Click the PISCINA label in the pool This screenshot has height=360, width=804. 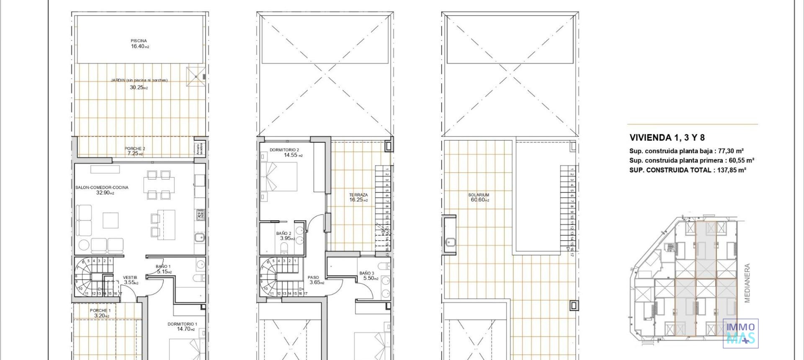[x=139, y=41]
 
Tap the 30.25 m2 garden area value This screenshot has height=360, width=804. [x=139, y=88]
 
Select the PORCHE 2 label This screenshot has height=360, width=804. [x=135, y=149]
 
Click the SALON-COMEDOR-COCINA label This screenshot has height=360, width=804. [x=102, y=188]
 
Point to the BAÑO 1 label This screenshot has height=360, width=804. [x=163, y=267]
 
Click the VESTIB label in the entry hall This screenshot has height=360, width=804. [x=130, y=278]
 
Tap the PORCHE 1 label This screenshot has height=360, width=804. [x=100, y=311]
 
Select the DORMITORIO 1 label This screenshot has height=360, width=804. [x=182, y=324]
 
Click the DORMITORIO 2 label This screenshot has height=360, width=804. [x=284, y=150]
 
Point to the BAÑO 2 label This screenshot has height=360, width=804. [x=283, y=234]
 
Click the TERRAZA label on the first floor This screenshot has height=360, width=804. [x=358, y=195]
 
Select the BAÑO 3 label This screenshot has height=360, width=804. [x=367, y=273]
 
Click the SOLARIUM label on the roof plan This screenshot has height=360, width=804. [x=479, y=195]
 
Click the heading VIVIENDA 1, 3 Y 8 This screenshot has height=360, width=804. [x=667, y=138]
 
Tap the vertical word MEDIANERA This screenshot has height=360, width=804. [x=747, y=283]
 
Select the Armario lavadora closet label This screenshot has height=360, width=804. [x=198, y=149]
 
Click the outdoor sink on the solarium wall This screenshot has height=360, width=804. [x=451, y=242]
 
